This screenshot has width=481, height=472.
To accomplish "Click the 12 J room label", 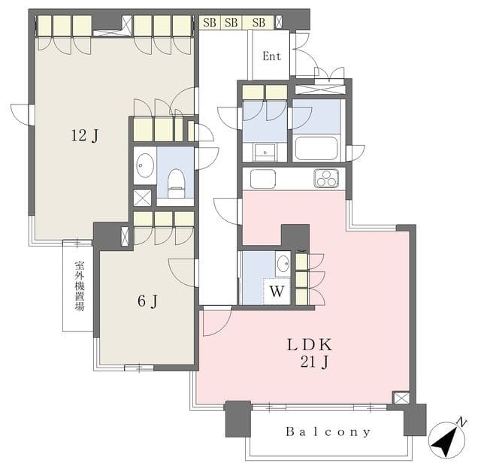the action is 85,135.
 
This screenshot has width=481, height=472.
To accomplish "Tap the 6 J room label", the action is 147,301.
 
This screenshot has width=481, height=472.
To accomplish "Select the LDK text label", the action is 309,345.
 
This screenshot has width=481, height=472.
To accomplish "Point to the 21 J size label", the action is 315,362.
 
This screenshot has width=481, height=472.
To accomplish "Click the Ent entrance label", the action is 272,56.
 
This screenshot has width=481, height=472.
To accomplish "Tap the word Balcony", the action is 328,432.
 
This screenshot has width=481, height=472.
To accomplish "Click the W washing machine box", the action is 277,291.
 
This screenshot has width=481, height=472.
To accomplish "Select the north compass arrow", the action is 446,439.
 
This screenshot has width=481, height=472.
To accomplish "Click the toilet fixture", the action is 176,183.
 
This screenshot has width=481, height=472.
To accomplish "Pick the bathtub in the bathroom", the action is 316,148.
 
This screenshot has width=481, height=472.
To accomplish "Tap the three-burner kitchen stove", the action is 326,178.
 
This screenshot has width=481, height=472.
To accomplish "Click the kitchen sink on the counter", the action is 263,178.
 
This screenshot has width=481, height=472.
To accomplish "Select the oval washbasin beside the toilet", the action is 145,165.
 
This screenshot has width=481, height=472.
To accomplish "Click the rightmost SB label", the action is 259,23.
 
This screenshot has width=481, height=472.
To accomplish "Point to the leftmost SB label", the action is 210,23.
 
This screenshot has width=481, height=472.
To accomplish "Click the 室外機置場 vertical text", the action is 80,286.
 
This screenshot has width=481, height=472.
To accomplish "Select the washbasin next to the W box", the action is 283,264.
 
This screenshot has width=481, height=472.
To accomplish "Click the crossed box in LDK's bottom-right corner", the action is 401,398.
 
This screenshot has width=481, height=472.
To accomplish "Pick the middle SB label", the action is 231,23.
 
